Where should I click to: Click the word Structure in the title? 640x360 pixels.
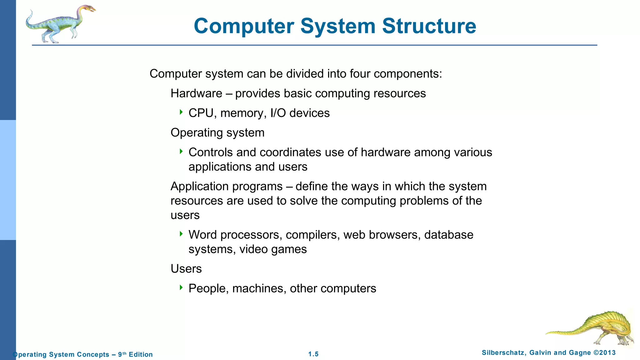click(429, 26)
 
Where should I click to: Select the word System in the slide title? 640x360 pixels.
click(338, 26)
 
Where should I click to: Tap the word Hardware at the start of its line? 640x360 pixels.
click(196, 93)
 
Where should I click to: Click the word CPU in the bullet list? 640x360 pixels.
click(201, 113)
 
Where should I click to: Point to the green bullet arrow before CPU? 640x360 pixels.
click(181, 112)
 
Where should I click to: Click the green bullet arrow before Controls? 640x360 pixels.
click(181, 151)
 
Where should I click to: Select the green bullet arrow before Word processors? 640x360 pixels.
click(181, 234)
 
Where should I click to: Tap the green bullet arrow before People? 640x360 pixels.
click(181, 287)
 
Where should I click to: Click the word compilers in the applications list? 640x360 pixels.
click(312, 235)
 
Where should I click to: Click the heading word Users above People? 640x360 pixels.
click(186, 269)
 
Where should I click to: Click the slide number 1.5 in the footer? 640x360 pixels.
click(313, 354)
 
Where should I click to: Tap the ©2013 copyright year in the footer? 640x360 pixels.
click(604, 353)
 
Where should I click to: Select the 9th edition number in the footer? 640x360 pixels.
click(122, 354)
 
